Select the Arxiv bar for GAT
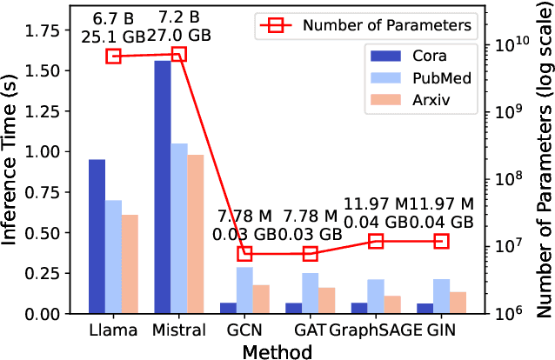[x=326, y=300]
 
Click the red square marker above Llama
[x=113, y=57]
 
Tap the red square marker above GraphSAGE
[x=376, y=241]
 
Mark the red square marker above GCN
[x=244, y=254]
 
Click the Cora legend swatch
[x=385, y=56]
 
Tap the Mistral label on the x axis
[x=179, y=330]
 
